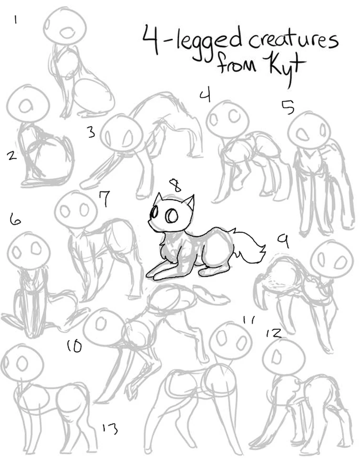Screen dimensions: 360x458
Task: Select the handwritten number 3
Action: coord(92,132)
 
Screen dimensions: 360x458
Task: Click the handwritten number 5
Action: coord(288,107)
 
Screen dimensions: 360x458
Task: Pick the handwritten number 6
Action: coord(15,219)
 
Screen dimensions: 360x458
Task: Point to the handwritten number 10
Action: coord(74,346)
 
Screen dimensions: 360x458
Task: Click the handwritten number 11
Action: coord(249,320)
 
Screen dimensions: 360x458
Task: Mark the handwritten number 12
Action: coord(274,333)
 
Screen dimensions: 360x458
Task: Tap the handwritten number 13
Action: coord(110,428)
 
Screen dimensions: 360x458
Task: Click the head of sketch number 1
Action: coord(65,26)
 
